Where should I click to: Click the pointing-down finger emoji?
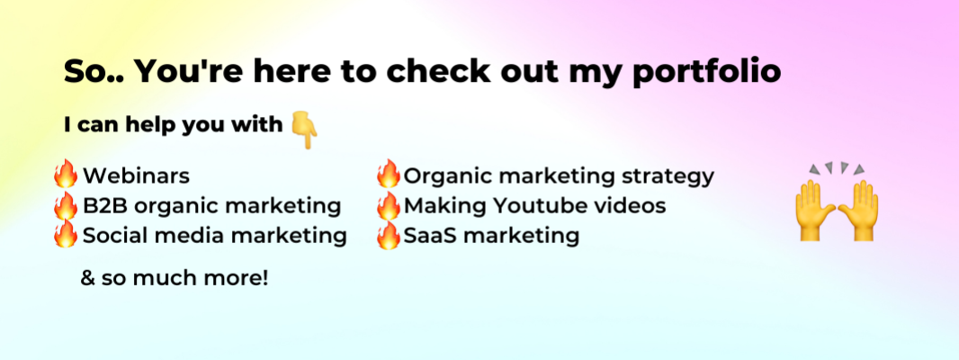tap(305, 130)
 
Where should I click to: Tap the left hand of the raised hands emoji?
tap(815, 210)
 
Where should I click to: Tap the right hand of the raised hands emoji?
tap(859, 210)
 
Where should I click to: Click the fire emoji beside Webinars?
tap(66, 174)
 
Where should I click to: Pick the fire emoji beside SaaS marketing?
tap(389, 235)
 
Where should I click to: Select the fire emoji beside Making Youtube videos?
tap(389, 205)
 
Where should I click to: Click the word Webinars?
tap(137, 176)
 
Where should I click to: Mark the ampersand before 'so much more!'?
tap(89, 279)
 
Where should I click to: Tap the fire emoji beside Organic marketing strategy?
tap(389, 174)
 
